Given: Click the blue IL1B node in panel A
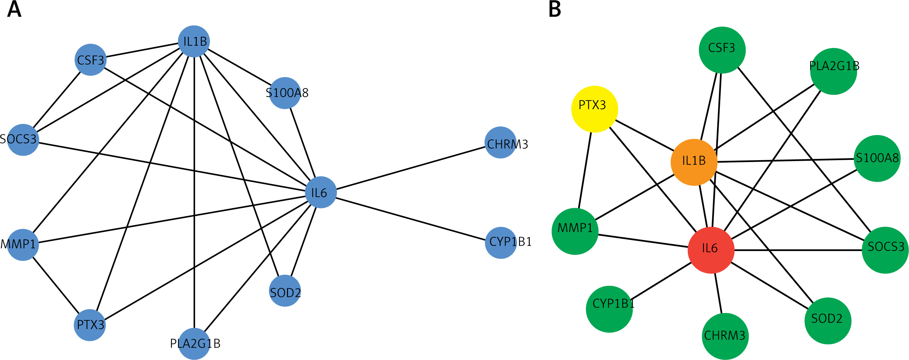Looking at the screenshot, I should pos(194,41).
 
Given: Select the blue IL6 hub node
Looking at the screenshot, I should pos(320,192).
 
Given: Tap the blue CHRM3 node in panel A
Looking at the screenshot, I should pos(500,143).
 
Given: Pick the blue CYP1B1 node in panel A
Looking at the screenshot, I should pos(500,242).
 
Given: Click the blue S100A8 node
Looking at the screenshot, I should pos(285,93).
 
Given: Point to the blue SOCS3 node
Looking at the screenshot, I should pos(23,140).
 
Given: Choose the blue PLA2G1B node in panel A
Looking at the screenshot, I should pos(194,344).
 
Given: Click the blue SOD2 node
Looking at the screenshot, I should pos(285,290).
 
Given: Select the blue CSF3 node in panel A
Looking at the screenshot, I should pos(91,60).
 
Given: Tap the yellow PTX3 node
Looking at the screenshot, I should pos(595,109).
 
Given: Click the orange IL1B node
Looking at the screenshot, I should pos(694,162).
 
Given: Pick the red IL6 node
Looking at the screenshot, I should pos(711,250).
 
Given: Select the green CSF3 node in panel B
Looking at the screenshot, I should pos(722,50).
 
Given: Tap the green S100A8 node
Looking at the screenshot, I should pos(877,159).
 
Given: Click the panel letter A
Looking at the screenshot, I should pos(14,10).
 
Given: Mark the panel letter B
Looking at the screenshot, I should pos(555,10).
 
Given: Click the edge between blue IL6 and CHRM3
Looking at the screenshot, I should pos(409,168).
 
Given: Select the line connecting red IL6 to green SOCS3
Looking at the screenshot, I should pos(797,250).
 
